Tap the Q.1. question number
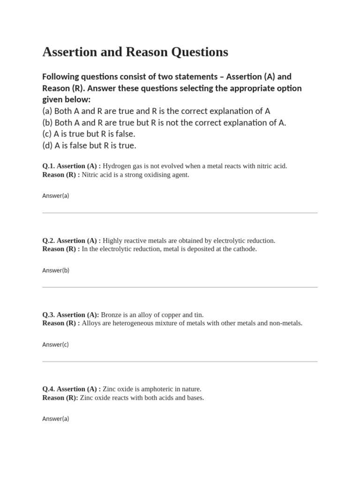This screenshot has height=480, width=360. [48, 166]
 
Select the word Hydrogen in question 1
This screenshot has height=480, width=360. [117, 166]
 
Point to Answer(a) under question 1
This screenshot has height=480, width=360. [55, 195]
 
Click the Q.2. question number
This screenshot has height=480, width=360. [48, 240]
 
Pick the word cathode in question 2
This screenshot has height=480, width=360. [245, 249]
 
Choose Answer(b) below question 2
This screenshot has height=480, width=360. [55, 270]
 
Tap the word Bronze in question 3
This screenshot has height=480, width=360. [112, 315]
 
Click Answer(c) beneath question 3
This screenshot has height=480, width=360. [55, 344]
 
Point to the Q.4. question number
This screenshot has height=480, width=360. [48, 389]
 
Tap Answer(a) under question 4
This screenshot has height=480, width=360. [55, 419]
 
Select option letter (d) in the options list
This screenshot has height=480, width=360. [47, 145]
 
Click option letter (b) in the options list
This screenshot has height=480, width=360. [47, 123]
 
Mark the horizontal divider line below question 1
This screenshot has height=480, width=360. [180, 213]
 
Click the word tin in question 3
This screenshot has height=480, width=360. [198, 315]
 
